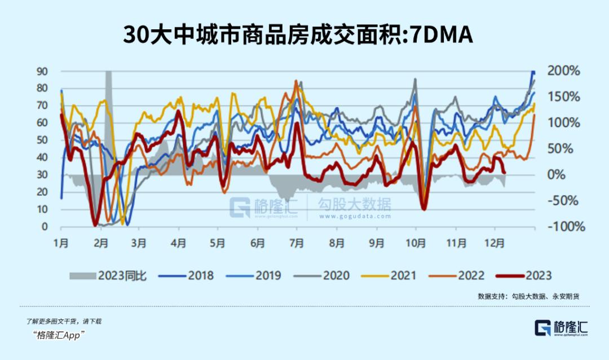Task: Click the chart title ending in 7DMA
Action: [x=298, y=35]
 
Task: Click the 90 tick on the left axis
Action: [x=42, y=71]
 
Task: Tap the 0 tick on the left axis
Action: [x=45, y=227]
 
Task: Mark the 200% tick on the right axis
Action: [x=564, y=71]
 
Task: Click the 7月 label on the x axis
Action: [x=297, y=243]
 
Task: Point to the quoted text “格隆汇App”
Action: [x=59, y=335]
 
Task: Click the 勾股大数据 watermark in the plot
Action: [x=354, y=205]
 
